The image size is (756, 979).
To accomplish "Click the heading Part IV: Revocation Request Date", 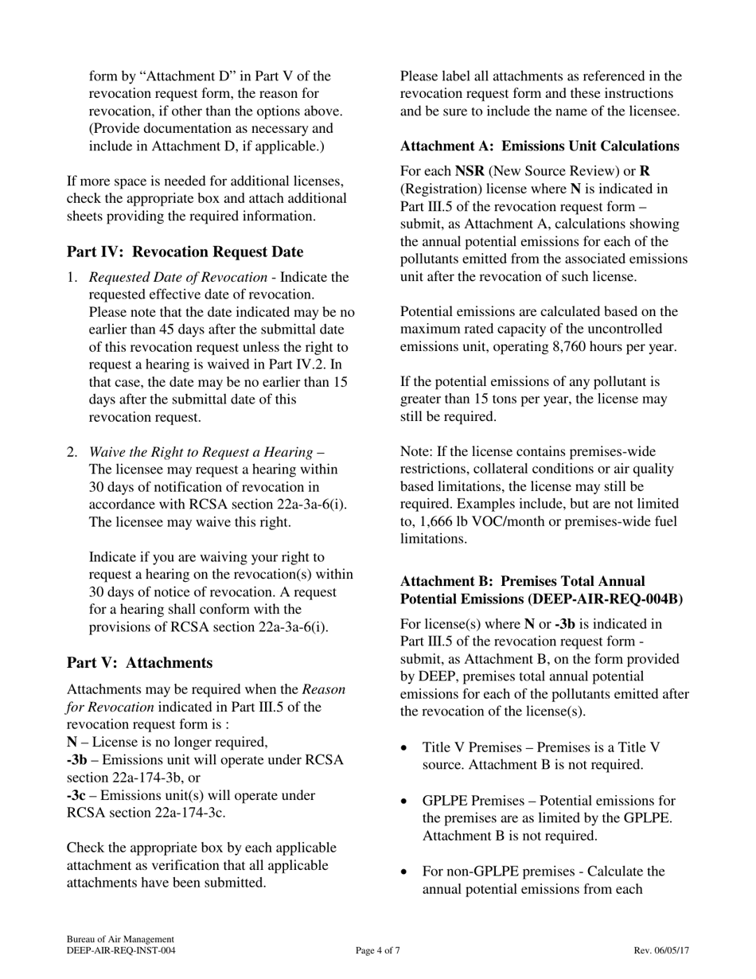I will (185, 252).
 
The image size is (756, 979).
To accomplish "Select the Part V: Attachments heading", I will (139, 663).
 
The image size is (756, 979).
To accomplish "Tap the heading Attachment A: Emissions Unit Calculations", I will (540, 146).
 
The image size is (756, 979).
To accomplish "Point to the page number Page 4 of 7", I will (378, 950).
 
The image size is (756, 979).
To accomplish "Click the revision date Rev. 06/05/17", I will (661, 950).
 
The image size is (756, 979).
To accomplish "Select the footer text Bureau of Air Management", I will (120, 939).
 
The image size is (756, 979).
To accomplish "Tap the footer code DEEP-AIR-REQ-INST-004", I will (121, 950).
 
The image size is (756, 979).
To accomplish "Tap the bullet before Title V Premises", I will (406, 748).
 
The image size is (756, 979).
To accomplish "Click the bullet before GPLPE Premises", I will (406, 801).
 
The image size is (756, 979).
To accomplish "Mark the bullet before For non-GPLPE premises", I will (406, 872).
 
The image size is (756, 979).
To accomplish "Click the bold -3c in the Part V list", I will (77, 795).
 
